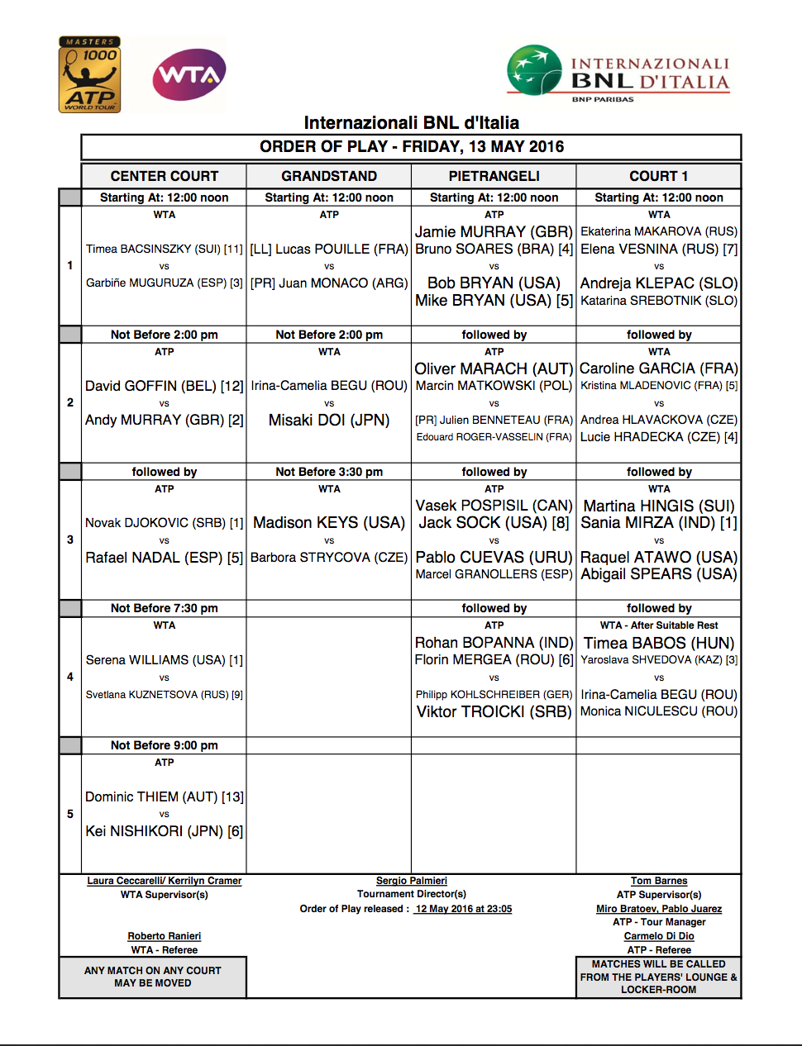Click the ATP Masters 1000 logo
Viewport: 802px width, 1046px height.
pos(90,74)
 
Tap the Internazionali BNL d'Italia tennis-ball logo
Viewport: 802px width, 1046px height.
pos(535,70)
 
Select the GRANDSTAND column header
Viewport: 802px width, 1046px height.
pos(329,176)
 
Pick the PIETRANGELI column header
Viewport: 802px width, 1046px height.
pos(494,176)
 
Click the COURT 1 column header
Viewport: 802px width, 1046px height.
pos(658,176)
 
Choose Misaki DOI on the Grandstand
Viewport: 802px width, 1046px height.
pos(329,420)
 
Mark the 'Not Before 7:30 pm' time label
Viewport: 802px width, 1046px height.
pos(165,608)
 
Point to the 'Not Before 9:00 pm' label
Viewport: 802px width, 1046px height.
pos(165,745)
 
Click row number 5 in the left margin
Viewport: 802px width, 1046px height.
pos(70,814)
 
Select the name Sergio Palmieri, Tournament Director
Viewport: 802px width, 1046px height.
pos(412,881)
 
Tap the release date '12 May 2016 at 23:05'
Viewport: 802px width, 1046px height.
pos(463,909)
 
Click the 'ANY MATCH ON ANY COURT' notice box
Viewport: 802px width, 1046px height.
pos(153,977)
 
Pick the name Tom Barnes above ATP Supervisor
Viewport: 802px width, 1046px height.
pos(659,881)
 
